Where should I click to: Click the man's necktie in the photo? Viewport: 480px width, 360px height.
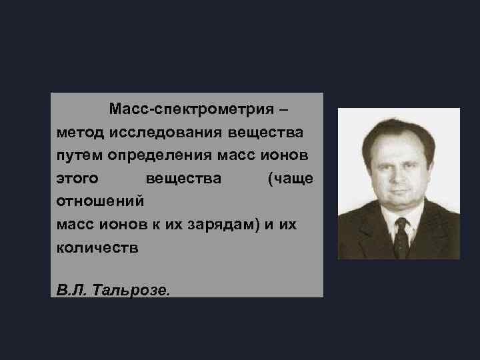(x=400, y=236)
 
